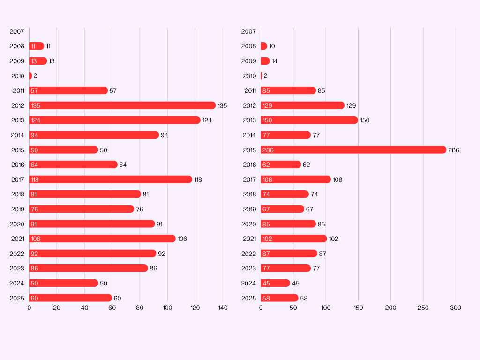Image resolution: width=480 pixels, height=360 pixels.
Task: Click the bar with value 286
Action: coord(353,150)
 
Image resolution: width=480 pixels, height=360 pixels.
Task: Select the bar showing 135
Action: coord(122,105)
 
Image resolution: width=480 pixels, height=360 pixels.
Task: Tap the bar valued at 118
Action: coord(111,180)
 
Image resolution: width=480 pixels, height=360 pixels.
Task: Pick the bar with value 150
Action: coord(309,120)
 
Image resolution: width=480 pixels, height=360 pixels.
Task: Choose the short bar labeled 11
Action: coord(37,46)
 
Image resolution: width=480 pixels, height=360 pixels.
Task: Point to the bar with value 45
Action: coord(276,283)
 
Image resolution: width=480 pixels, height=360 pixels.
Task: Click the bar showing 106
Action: coord(102,239)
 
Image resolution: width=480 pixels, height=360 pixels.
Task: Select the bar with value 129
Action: coord(302,105)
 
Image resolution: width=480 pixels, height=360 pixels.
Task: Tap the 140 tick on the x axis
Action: coord(223,308)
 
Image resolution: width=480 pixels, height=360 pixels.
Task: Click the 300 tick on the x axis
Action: coord(456,308)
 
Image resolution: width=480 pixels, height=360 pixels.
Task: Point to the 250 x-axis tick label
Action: coord(423,308)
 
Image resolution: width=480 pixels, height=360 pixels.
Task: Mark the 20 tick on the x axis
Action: coord(57,308)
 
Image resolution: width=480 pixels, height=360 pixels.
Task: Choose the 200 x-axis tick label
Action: coord(390,308)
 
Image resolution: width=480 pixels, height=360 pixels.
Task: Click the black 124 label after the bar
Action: coord(207,120)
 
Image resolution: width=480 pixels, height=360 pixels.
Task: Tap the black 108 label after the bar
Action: coord(337,180)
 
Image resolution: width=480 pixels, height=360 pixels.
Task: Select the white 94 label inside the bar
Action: coord(35,135)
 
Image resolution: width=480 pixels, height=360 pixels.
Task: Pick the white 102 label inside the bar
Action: coord(267,239)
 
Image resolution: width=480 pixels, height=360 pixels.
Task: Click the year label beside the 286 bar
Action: coord(249,150)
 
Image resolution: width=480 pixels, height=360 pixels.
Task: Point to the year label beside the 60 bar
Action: coord(17,298)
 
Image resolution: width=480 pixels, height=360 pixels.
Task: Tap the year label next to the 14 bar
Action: coord(249,61)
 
